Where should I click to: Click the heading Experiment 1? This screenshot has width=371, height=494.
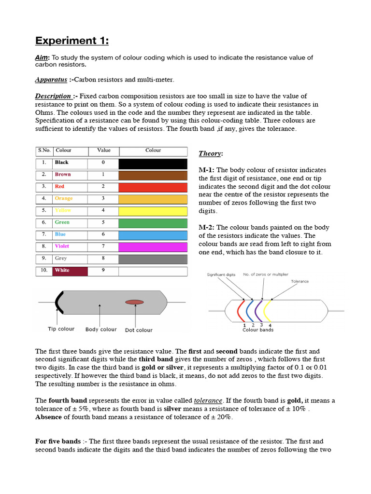coord(72,41)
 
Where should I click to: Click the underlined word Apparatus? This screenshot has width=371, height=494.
coord(51,80)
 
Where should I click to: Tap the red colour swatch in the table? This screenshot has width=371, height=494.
coord(153,187)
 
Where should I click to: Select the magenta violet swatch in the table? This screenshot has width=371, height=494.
coord(153,247)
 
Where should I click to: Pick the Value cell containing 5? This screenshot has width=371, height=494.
coord(103,222)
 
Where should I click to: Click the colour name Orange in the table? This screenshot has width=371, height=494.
coord(64,198)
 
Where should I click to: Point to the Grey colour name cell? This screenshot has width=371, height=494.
coord(61,259)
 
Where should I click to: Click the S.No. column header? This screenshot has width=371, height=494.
coord(44,151)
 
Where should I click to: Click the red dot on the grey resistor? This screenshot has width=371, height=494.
coord(134,302)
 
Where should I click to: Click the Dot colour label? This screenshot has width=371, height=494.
coord(139,330)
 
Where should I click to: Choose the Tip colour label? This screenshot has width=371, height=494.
coord(61,329)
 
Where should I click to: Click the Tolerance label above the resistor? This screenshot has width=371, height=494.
coord(300,281)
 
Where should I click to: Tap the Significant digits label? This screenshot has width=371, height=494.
coord(221,274)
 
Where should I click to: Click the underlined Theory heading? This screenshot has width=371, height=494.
coord(211,153)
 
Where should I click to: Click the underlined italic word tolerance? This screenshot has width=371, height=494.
coord(208,401)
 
